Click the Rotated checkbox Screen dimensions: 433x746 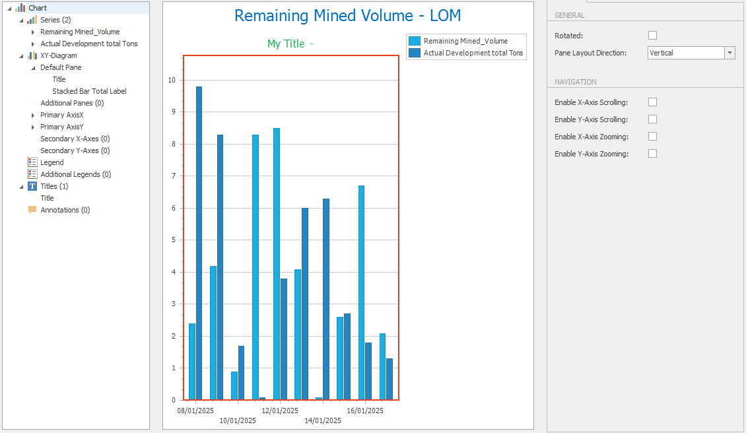coord(653,36)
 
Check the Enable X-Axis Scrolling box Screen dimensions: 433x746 coord(653,102)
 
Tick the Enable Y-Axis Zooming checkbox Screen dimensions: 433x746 coord(653,154)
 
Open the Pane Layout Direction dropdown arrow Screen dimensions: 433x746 coord(729,53)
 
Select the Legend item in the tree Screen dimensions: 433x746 coord(51,162)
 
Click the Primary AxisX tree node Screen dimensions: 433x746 coord(61,115)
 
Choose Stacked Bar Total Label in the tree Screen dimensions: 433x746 coord(89,91)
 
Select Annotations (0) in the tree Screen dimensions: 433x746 coord(65,210)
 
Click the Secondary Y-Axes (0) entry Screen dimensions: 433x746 coord(75,150)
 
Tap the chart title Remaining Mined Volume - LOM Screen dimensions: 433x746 coord(348,16)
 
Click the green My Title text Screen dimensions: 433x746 coord(286,44)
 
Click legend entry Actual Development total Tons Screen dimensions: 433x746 coord(473,53)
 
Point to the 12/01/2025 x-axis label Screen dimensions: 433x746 coord(280,411)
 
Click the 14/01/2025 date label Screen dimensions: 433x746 coord(323,420)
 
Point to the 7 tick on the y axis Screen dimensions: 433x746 coord(172,176)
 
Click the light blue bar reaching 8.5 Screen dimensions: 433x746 coord(277,264)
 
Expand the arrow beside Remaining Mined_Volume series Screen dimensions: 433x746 coord(33,32)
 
